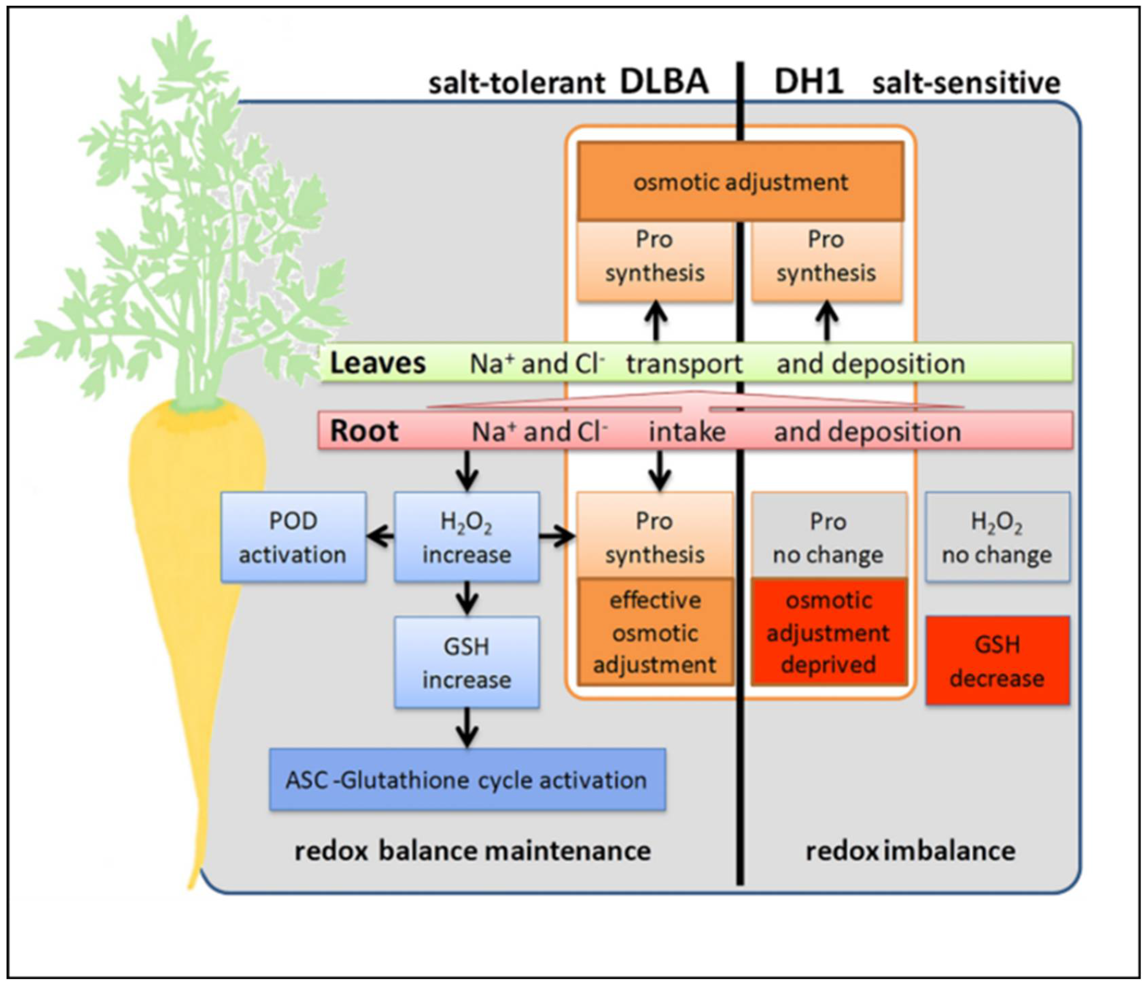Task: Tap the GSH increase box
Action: point(466,662)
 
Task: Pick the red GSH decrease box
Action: point(997,661)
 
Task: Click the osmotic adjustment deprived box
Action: point(829,632)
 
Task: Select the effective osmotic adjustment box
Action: point(655,632)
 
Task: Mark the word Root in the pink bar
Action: point(364,431)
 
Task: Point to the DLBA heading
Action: point(664,82)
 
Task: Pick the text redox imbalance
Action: point(910,850)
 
